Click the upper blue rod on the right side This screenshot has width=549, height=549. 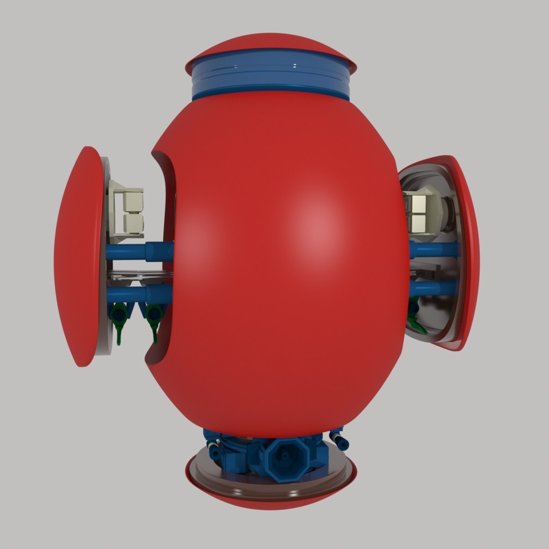pos(432,250)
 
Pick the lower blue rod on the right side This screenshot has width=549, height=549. pos(432,288)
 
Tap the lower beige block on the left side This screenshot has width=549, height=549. pos(132,221)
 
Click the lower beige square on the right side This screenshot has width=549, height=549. pos(421,222)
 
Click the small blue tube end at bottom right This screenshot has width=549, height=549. pos(339,440)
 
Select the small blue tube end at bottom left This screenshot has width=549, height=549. pos(213,449)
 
